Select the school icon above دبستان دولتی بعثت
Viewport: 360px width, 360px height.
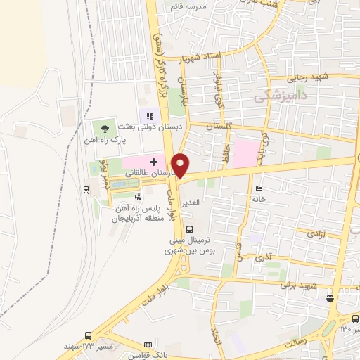pos(149,115)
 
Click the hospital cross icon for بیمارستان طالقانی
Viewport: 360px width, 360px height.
pos(154,162)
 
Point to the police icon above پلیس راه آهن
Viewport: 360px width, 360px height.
pos(138,198)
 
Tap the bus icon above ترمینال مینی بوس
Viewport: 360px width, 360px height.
pos(188,228)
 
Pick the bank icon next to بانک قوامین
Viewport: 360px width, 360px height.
pos(148,345)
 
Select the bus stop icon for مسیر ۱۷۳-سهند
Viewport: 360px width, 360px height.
pos(88,335)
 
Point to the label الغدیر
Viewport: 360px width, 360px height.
pos(192,202)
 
